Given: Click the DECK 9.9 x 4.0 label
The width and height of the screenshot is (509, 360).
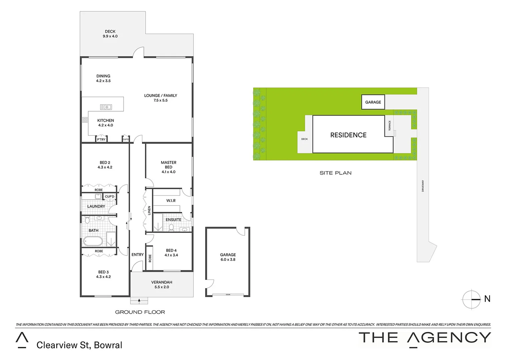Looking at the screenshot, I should (x=110, y=34).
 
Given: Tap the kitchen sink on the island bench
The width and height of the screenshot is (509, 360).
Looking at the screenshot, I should (x=106, y=107).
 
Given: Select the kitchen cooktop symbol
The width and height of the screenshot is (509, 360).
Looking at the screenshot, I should (x=85, y=120).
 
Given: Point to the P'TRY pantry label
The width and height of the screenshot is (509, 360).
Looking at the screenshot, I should (x=101, y=139).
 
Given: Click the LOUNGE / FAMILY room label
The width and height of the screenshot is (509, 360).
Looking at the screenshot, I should (x=161, y=98).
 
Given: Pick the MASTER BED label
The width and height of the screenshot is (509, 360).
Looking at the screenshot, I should (x=169, y=167).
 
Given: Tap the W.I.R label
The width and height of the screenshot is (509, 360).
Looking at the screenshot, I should (x=171, y=201).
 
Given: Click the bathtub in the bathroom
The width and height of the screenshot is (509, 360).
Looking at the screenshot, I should (x=93, y=241).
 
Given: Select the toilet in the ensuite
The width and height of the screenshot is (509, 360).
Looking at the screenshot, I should (x=171, y=227).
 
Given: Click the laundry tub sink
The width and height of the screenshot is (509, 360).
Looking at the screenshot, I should (x=98, y=197).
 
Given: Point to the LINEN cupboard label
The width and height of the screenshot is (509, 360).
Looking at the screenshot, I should (x=149, y=210).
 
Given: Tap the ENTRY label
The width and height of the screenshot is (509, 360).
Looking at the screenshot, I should (x=138, y=255).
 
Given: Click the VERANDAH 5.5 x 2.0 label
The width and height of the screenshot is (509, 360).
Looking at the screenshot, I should (x=162, y=284).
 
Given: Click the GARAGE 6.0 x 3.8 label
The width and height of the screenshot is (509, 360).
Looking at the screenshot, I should (x=228, y=257).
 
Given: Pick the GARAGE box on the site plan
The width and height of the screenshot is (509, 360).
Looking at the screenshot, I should (x=373, y=102).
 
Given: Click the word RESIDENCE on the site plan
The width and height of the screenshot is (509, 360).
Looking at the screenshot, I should (x=348, y=135).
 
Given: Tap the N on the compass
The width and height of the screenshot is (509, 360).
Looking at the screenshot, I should (x=487, y=299).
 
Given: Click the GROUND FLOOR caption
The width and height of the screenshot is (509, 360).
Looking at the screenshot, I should (x=140, y=312).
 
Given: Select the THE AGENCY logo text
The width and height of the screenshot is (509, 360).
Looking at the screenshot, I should (x=425, y=338).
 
